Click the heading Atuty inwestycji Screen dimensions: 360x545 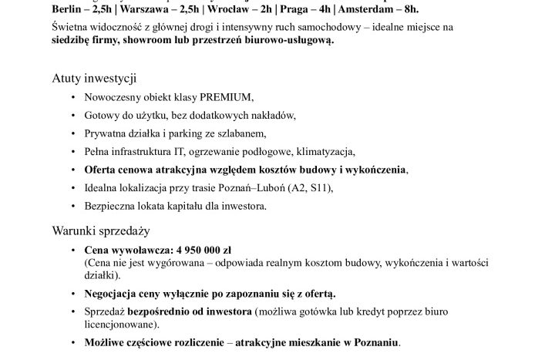point(95,79)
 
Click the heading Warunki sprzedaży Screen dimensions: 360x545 point(100,230)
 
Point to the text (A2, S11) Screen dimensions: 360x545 point(286,187)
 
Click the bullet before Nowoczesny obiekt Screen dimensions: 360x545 point(72,98)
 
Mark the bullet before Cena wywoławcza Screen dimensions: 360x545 point(72,251)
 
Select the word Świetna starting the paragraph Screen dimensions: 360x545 point(69,27)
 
